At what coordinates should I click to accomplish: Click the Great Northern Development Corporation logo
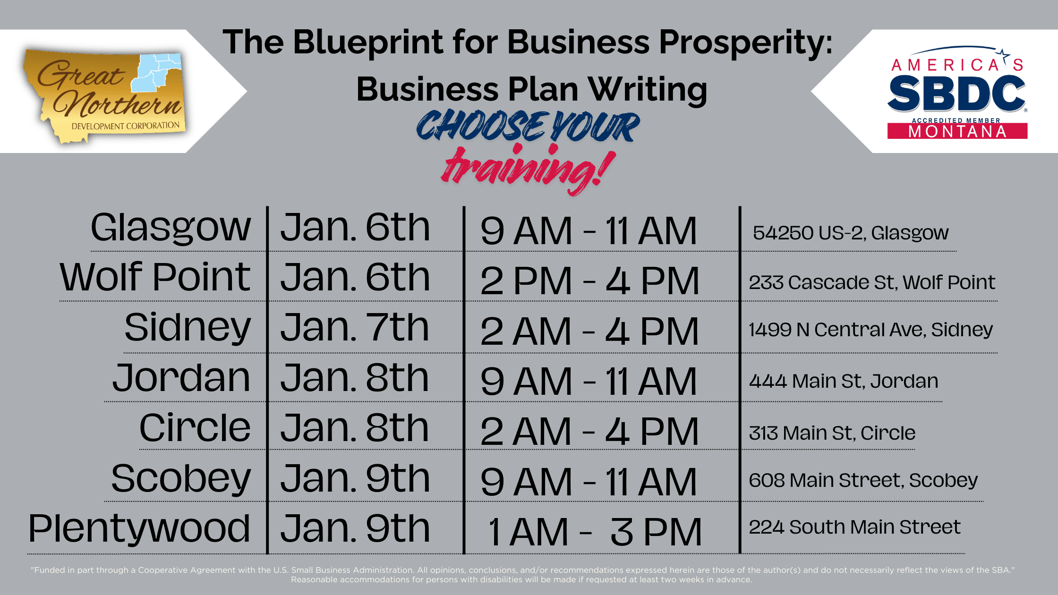104,96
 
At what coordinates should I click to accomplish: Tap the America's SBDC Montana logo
957,93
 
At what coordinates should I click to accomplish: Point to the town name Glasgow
171,229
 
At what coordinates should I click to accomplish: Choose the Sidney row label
188,328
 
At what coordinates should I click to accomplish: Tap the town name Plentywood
139,529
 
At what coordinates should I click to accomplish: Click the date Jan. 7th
355,327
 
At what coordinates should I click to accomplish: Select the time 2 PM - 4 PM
589,281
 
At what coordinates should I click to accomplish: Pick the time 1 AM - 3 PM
595,532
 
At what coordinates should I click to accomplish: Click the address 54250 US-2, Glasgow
851,233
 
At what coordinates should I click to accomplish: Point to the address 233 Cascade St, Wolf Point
872,282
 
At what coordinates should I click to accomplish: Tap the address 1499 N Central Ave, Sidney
871,330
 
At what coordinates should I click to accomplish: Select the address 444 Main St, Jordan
844,381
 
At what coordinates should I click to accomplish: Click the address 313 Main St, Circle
832,433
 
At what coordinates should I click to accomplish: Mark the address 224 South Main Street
855,527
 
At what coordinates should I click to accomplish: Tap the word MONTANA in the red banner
957,131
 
